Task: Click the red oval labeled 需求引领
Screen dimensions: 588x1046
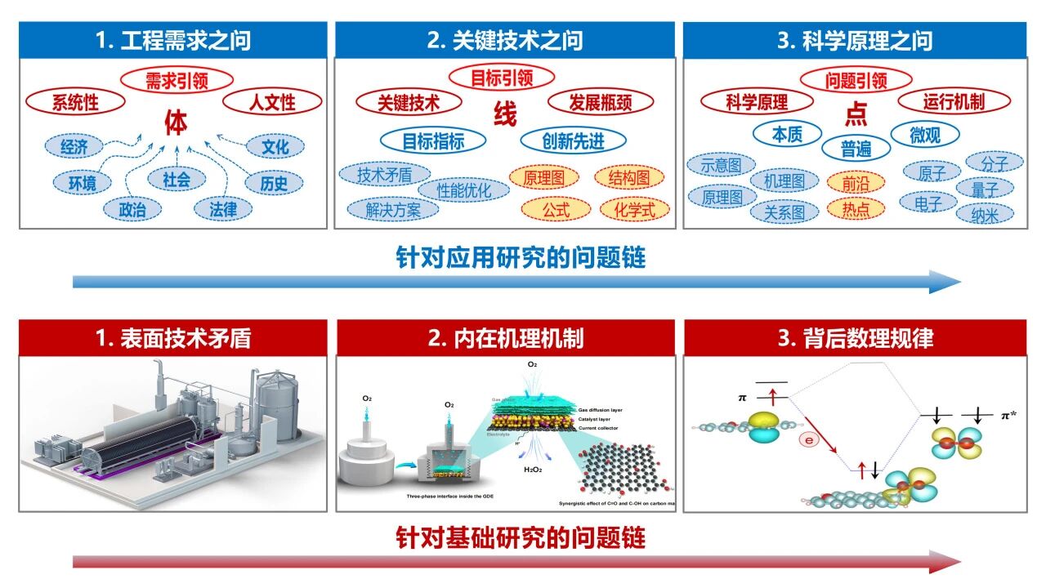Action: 177,80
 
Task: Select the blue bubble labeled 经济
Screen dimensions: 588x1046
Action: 74,147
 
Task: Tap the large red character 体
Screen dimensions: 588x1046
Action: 176,123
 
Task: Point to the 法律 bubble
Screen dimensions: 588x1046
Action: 223,209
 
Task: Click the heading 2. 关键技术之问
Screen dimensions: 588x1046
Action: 505,40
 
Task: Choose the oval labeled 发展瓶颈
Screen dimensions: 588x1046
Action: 601,102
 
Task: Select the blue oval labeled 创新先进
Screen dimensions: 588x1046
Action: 573,141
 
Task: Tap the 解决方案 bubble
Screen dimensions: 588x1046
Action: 391,210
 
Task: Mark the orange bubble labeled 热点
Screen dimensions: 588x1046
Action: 856,209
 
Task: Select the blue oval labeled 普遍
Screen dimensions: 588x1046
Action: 856,149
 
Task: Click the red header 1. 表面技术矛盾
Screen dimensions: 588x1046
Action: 172,338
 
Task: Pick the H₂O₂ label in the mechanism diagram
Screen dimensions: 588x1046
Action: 534,470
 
